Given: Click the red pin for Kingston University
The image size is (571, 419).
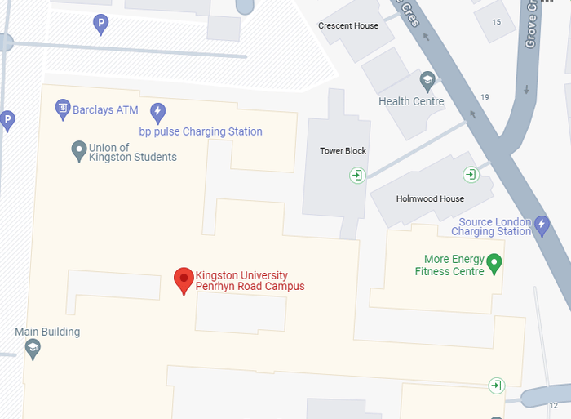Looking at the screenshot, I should pyautogui.click(x=184, y=280).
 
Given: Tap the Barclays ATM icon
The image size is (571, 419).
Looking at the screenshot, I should pyautogui.click(x=62, y=108).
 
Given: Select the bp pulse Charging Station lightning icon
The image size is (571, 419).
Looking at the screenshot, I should pyautogui.click(x=158, y=113).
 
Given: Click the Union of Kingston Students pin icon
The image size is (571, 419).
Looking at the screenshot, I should pyautogui.click(x=78, y=150).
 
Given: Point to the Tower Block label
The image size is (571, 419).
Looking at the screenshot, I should pyautogui.click(x=343, y=151).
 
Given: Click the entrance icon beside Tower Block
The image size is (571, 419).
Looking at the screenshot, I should pyautogui.click(x=356, y=174).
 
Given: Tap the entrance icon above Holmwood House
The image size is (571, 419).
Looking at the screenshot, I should pyautogui.click(x=471, y=174).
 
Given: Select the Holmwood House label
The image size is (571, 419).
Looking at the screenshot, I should pyautogui.click(x=430, y=198).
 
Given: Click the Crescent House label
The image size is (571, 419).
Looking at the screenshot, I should pyautogui.click(x=348, y=25).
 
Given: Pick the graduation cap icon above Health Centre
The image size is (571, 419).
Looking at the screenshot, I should pyautogui.click(x=427, y=81).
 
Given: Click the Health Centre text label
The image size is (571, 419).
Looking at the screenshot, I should pyautogui.click(x=411, y=101).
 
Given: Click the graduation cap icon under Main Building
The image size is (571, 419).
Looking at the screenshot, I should pyautogui.click(x=33, y=350).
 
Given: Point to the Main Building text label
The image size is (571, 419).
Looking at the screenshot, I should pyautogui.click(x=47, y=332).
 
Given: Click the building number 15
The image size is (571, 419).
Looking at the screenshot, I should pyautogui.click(x=497, y=21).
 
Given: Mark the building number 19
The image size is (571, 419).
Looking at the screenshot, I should pyautogui.click(x=485, y=97).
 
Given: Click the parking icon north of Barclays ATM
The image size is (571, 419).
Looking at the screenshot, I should pyautogui.click(x=101, y=25).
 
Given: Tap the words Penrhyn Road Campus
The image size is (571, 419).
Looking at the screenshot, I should pyautogui.click(x=250, y=286).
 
